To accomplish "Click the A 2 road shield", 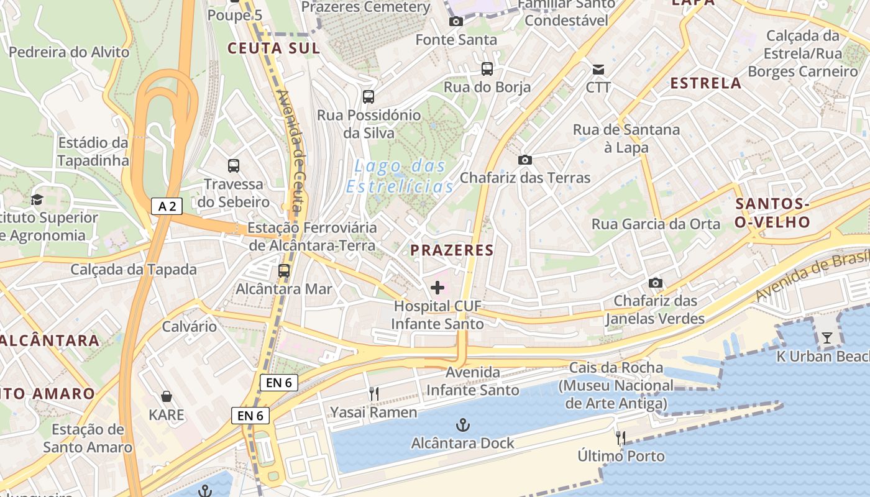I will pyautogui.click(x=167, y=206).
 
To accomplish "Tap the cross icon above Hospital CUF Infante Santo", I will pyautogui.click(x=437, y=288).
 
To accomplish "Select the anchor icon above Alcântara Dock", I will pyautogui.click(x=462, y=425).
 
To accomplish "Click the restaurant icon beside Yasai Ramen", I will pyautogui.click(x=373, y=394).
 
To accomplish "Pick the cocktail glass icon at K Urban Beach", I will pyautogui.click(x=827, y=338).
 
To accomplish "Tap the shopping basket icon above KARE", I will pyautogui.click(x=167, y=396).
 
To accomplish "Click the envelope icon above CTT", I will pyautogui.click(x=598, y=69).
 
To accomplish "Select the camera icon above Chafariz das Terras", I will pyautogui.click(x=525, y=160).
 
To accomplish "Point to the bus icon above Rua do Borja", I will pyautogui.click(x=487, y=69).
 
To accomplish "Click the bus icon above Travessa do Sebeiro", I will pyautogui.click(x=234, y=166).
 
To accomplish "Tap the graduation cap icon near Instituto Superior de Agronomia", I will pyautogui.click(x=37, y=199).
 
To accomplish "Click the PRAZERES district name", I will pyautogui.click(x=452, y=250).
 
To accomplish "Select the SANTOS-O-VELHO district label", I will pyautogui.click(x=772, y=213).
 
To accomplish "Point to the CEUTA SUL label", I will pyautogui.click(x=273, y=48).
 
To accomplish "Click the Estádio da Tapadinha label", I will pyautogui.click(x=93, y=152).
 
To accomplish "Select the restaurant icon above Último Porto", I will pyautogui.click(x=620, y=438).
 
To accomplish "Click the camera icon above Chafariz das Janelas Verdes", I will pyautogui.click(x=655, y=283).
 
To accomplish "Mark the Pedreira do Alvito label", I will pyautogui.click(x=69, y=52).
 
